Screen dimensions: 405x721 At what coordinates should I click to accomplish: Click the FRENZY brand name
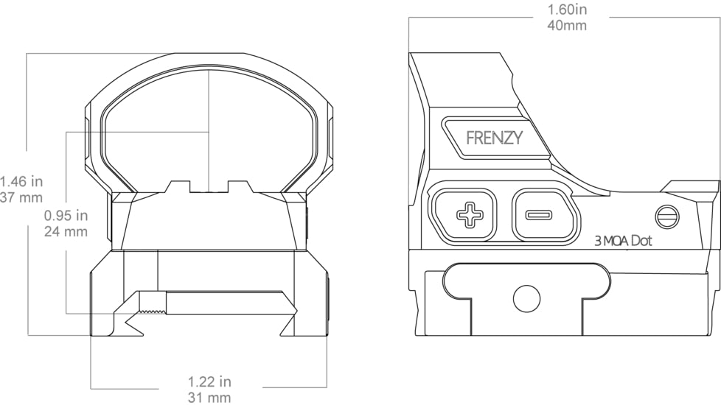coord(495,138)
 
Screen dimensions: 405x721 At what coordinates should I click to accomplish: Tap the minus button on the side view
coord(538,216)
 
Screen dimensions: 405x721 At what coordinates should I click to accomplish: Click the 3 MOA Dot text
coord(623,241)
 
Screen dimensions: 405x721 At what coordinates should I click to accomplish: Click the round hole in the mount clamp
coord(526,297)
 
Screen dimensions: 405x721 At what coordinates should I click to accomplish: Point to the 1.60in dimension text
coord(567,10)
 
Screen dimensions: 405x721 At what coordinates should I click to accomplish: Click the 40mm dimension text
coord(567,25)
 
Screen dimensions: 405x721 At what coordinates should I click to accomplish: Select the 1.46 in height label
coord(21,181)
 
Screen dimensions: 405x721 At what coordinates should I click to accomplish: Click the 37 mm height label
coord(21,197)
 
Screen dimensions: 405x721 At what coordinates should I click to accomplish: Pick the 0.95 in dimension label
coord(66,216)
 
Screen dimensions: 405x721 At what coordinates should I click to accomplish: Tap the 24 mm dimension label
coord(66,231)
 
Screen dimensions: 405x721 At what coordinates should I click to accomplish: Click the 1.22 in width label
coord(209,381)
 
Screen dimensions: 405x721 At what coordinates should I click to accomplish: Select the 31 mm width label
coord(209,398)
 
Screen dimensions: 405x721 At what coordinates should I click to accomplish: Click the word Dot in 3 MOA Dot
coord(641,241)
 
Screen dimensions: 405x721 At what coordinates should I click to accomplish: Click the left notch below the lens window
coord(179,186)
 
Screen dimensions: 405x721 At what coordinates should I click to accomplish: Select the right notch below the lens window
coord(237,186)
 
